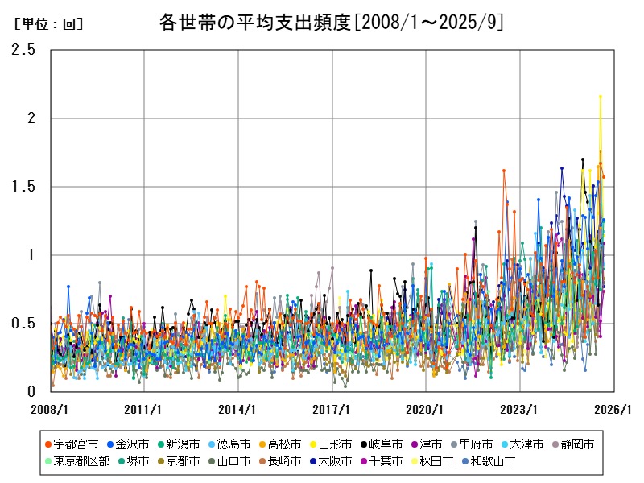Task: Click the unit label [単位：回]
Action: pyautogui.click(x=49, y=24)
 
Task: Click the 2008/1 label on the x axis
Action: pyautogui.click(x=51, y=409)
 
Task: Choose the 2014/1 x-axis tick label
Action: pyautogui.click(x=238, y=409)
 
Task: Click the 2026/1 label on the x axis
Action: pyautogui.click(x=614, y=409)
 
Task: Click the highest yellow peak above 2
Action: pyautogui.click(x=600, y=97)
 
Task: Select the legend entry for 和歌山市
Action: pyautogui.click(x=493, y=461)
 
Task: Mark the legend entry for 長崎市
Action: pyautogui.click(x=283, y=461)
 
